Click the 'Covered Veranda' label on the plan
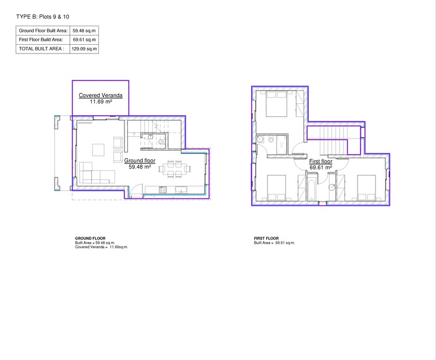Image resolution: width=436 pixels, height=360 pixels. pyautogui.click(x=101, y=95)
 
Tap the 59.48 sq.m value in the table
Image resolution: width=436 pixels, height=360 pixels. pyautogui.click(x=84, y=30)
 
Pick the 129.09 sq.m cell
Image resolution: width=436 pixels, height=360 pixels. pyautogui.click(x=84, y=49)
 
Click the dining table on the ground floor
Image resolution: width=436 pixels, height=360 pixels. pyautogui.click(x=174, y=169)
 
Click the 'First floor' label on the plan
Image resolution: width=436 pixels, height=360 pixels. pyautogui.click(x=320, y=161)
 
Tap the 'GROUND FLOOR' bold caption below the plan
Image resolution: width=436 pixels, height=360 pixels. pyautogui.click(x=90, y=238)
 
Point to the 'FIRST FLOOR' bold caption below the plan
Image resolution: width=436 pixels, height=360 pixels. pyautogui.click(x=266, y=238)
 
